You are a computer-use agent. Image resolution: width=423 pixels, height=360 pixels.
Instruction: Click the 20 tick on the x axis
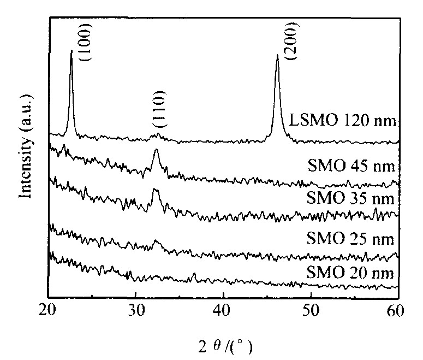tap(49, 310)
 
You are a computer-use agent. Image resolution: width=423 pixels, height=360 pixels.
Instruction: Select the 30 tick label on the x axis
tap(136, 310)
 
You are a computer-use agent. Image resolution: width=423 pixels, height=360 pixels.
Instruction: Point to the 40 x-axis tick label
tap(223, 310)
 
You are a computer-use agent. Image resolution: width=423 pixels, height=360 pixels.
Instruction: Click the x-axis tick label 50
tap(311, 310)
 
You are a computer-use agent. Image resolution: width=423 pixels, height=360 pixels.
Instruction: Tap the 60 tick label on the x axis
tap(397, 310)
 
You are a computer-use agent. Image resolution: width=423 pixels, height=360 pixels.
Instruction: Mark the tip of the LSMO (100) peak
tap(72, 51)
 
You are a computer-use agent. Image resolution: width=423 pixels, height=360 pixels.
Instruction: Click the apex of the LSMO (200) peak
tap(277, 55)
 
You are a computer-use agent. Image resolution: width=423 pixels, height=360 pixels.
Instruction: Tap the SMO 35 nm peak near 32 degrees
tap(156, 189)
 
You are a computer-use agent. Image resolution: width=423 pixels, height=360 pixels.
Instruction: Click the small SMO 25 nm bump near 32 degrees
tap(157, 240)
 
